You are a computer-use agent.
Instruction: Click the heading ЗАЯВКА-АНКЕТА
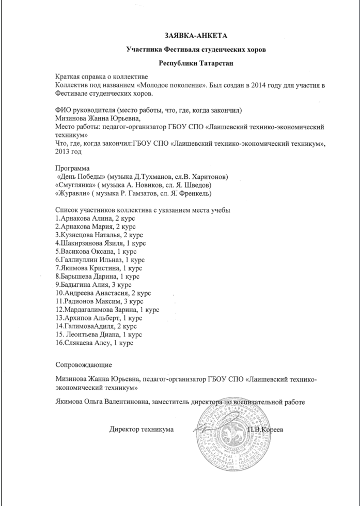(196, 35)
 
